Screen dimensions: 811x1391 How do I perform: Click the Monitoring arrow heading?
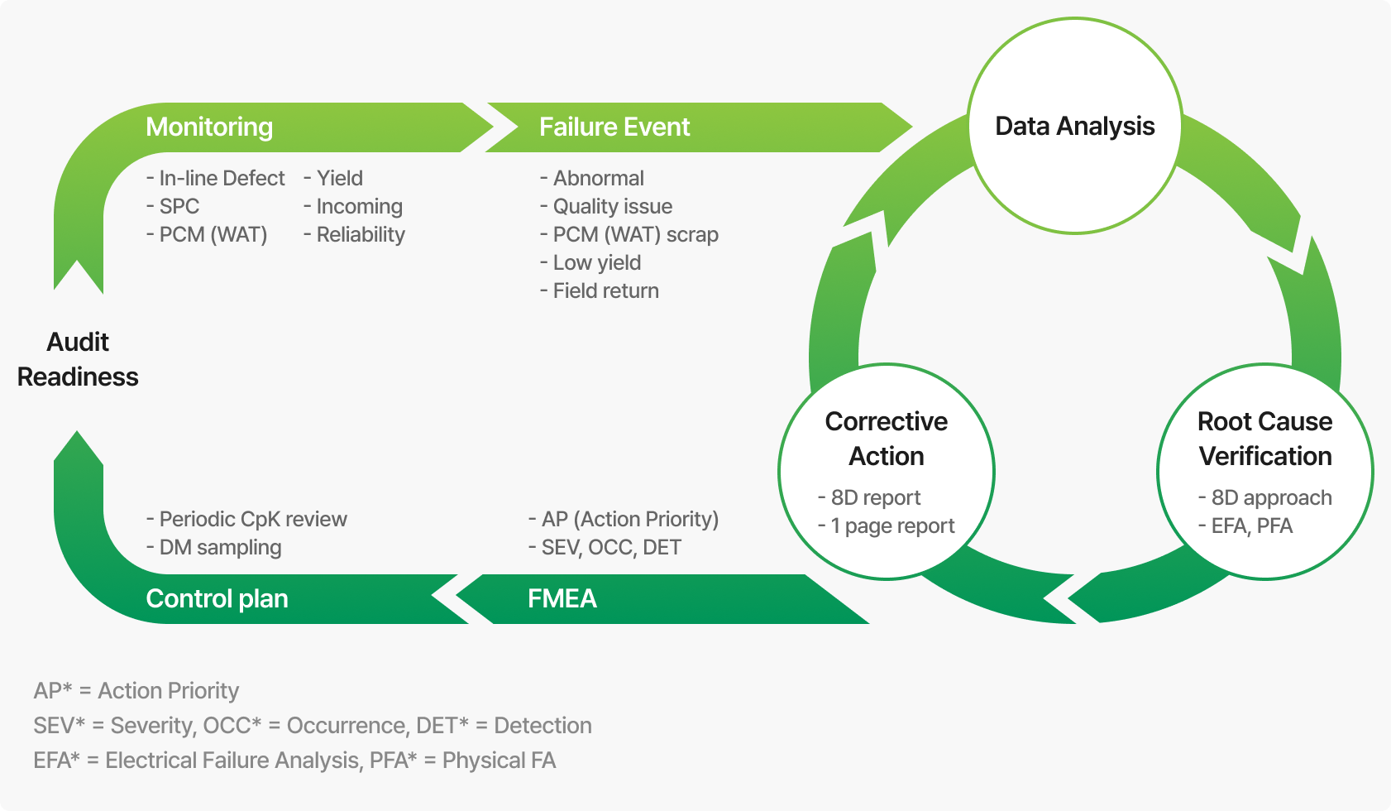[209, 127]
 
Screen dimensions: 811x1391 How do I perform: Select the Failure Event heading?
[614, 127]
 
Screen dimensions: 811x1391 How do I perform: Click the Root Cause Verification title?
[1264, 439]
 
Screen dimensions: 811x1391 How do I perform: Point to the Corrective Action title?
[886, 439]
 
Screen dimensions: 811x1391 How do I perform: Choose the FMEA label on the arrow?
[562, 598]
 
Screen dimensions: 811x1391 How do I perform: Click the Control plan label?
[217, 598]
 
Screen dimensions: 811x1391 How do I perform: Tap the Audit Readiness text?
[78, 359]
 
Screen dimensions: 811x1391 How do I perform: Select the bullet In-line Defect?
[216, 178]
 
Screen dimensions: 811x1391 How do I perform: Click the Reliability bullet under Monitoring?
[355, 234]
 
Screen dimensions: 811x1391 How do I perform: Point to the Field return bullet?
[600, 290]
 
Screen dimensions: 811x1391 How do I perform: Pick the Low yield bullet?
[590, 262]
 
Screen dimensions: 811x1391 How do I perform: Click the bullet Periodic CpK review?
[246, 519]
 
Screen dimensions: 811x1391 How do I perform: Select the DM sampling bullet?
[214, 547]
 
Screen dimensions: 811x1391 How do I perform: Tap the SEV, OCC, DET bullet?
[605, 547]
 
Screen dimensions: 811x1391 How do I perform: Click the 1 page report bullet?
[887, 525]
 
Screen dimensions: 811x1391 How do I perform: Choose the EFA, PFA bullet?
[1246, 525]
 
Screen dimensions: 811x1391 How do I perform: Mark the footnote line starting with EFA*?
[294, 760]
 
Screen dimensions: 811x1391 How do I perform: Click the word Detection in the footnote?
[543, 725]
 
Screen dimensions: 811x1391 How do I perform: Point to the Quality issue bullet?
[606, 206]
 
